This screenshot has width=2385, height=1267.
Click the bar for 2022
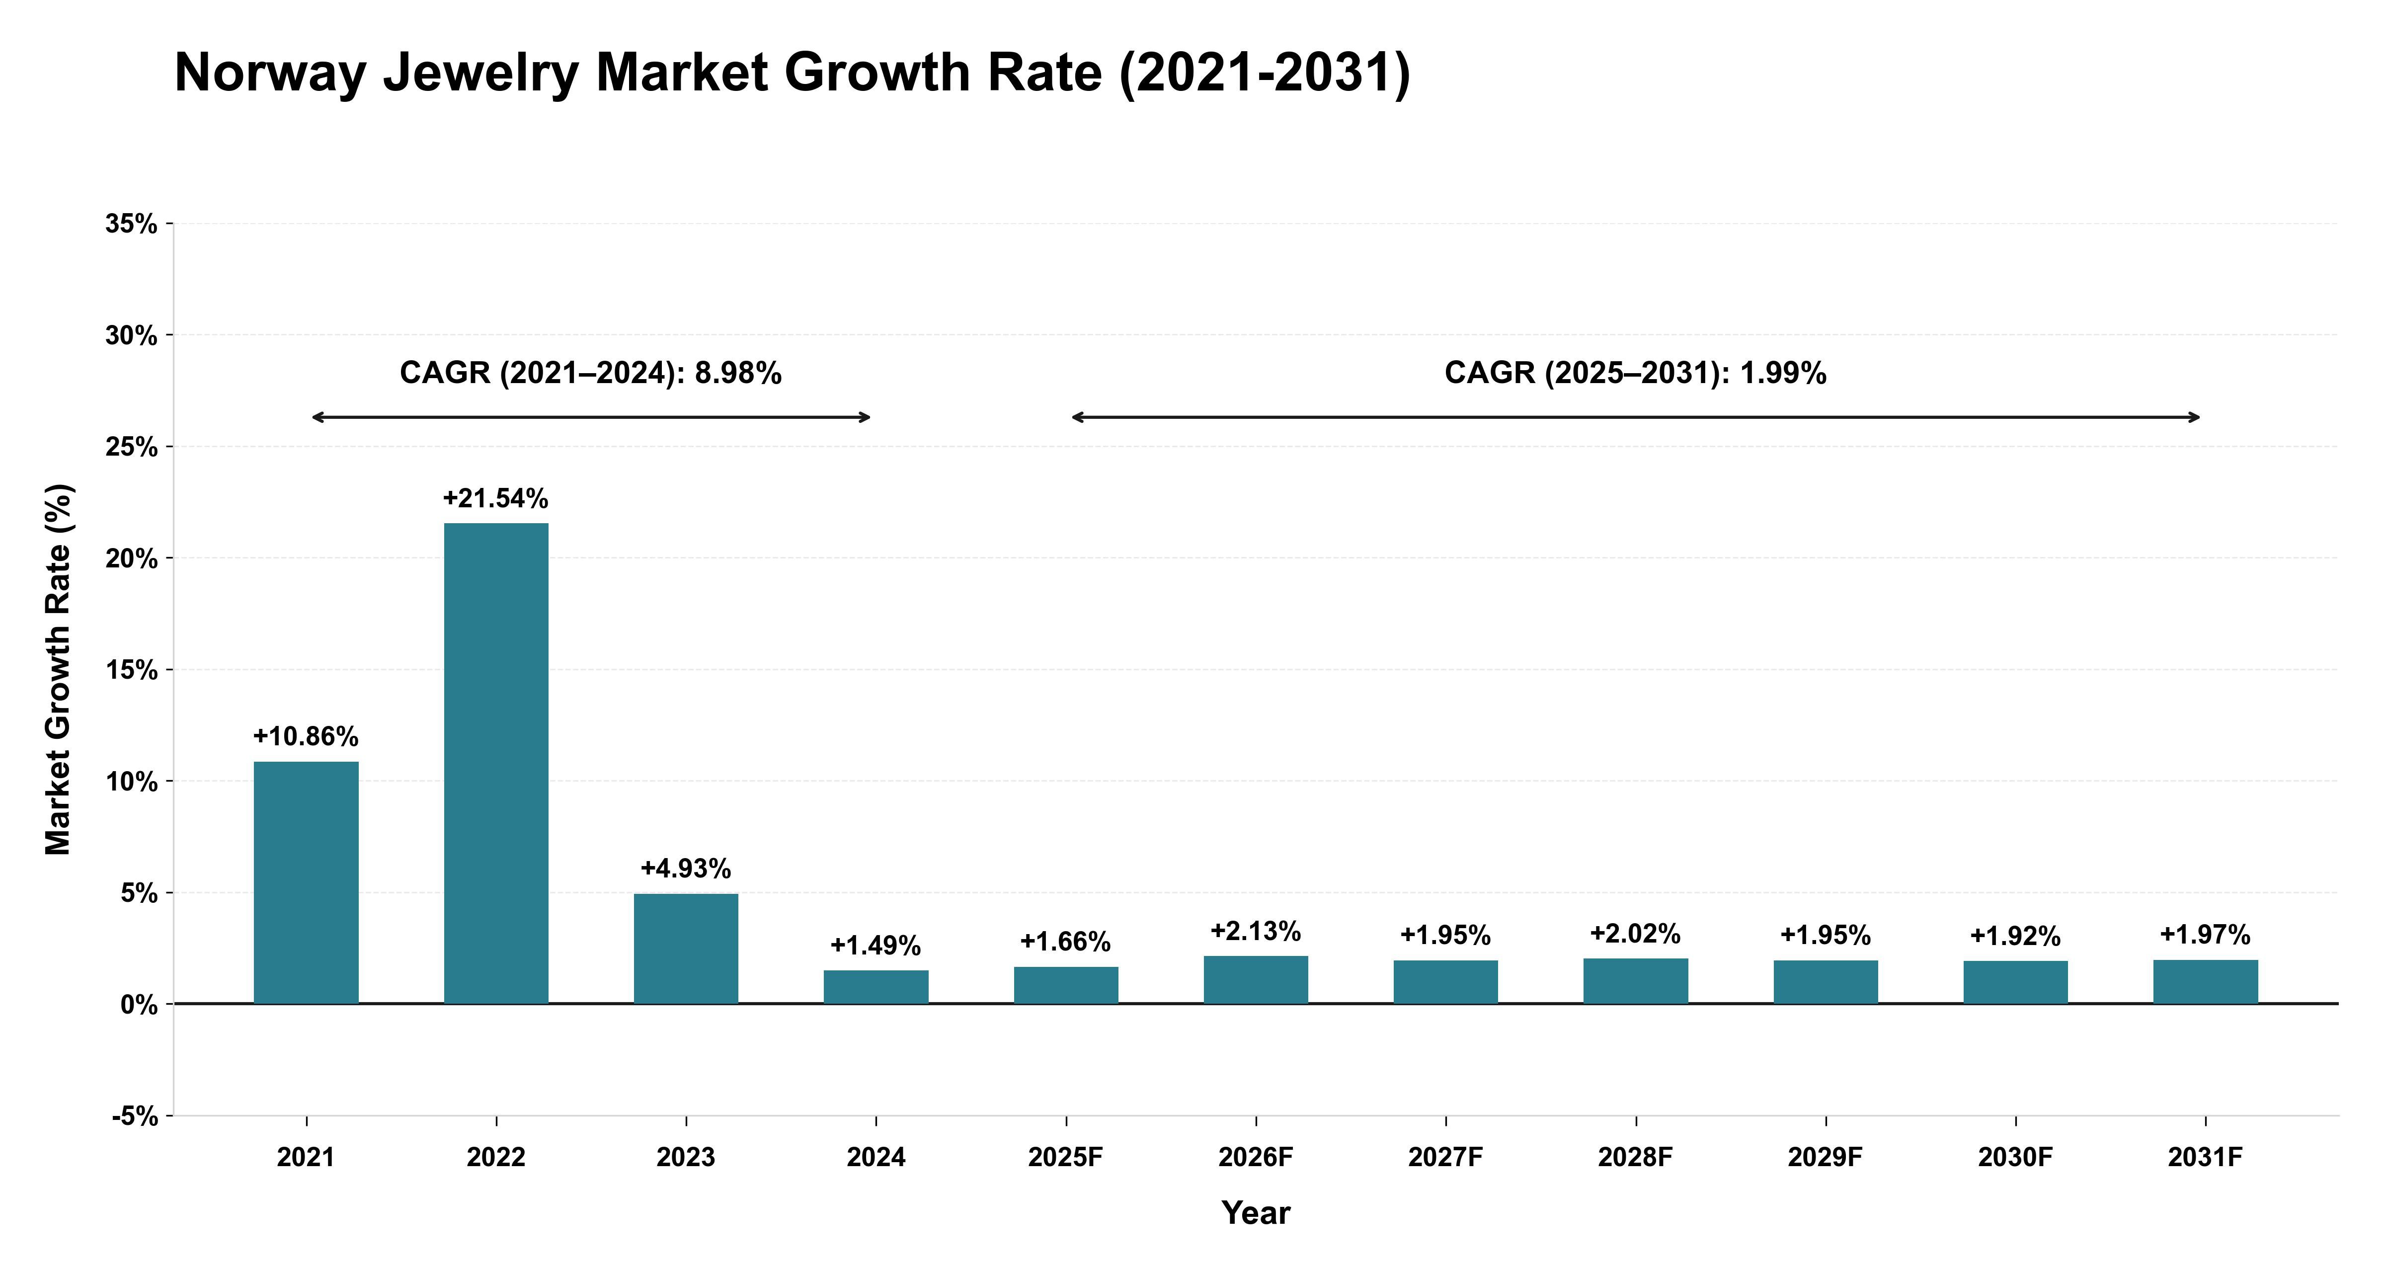(x=496, y=763)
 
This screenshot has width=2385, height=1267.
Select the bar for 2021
(x=307, y=882)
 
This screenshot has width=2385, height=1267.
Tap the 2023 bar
(x=686, y=949)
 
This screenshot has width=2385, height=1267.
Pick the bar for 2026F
(x=1257, y=980)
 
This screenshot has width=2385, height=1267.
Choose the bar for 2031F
(x=2206, y=982)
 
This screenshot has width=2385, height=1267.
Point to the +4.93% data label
(x=686, y=869)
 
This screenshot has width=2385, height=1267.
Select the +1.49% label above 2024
(x=876, y=946)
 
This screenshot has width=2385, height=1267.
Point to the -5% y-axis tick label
(x=135, y=1116)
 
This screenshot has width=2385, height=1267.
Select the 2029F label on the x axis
(x=1826, y=1158)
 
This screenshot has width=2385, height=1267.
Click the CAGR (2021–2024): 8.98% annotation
(x=591, y=373)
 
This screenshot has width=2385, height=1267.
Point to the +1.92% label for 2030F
(x=2016, y=937)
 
